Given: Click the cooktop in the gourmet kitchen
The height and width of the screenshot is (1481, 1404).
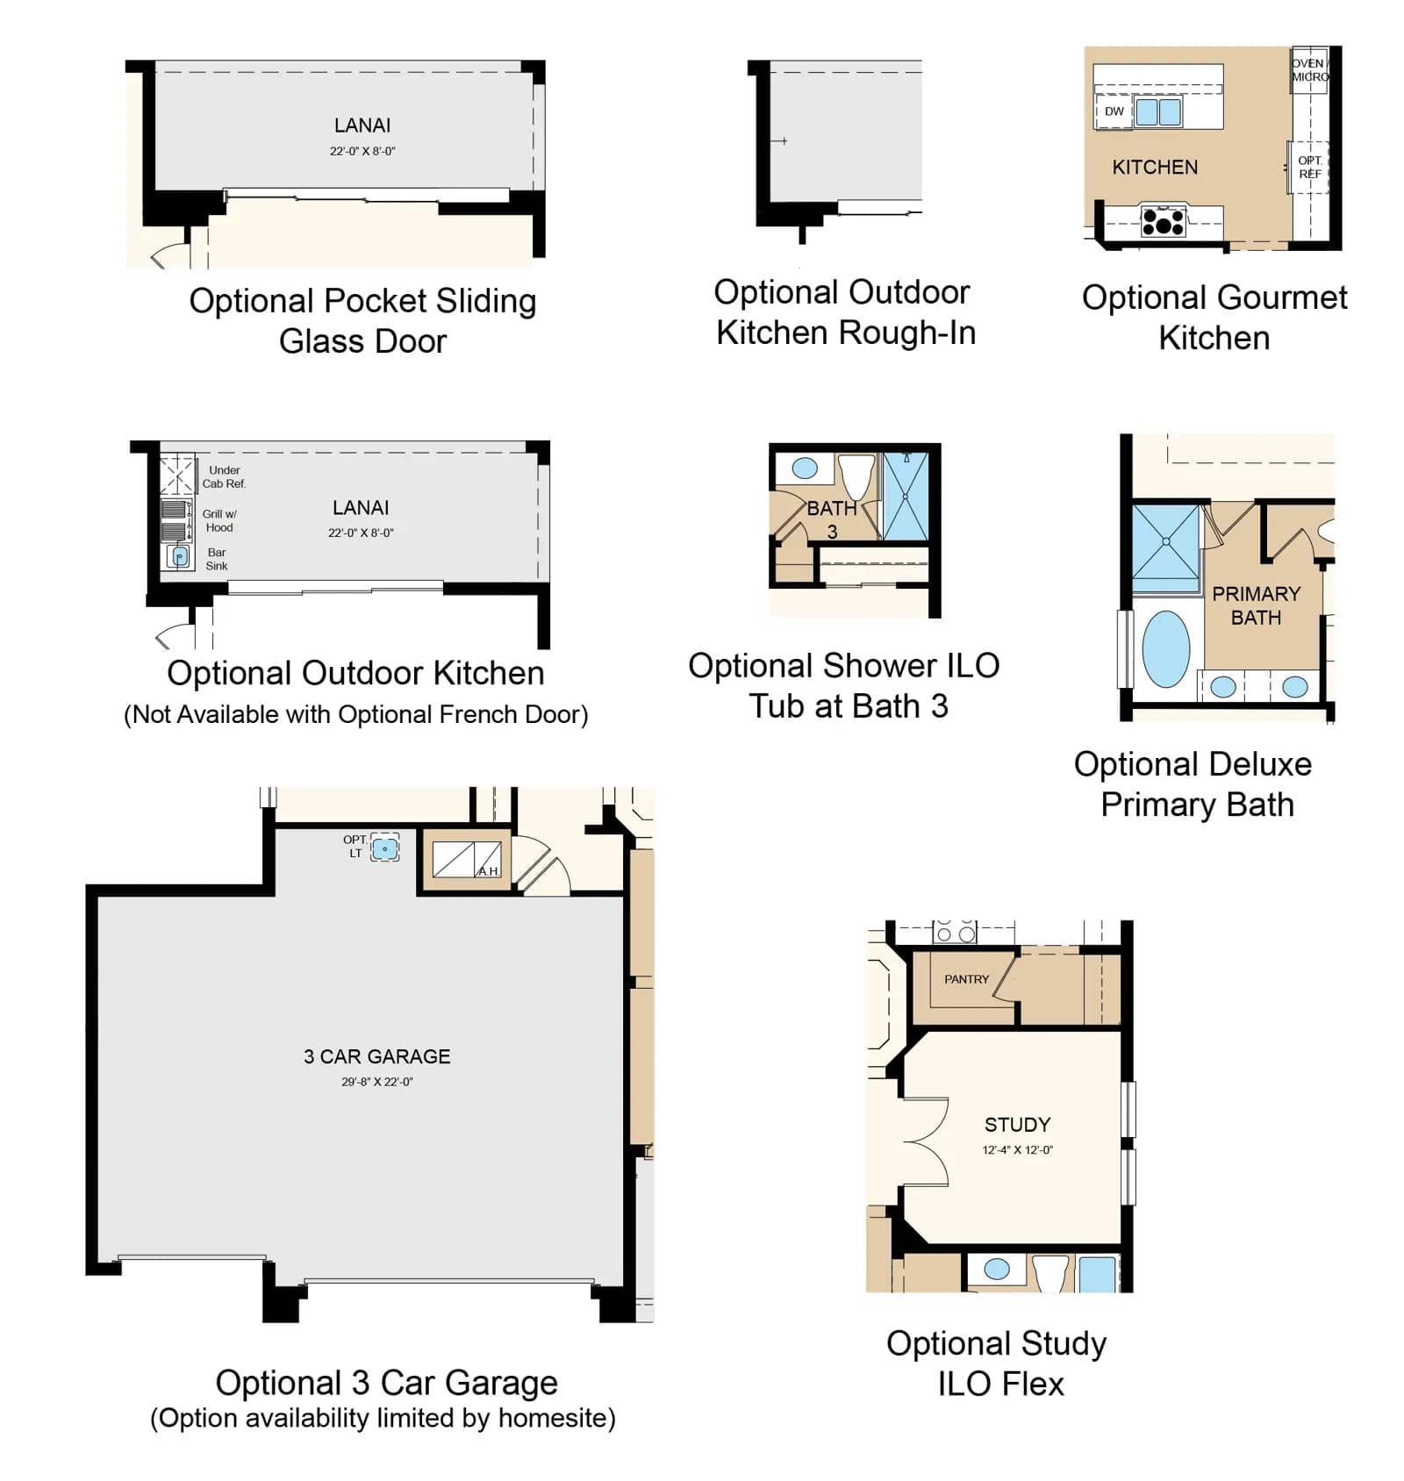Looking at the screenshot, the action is coord(1163,220).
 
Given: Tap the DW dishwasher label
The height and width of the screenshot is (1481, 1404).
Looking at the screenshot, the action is coord(1114,111).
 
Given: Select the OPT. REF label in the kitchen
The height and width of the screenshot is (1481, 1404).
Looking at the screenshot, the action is coord(1309,167).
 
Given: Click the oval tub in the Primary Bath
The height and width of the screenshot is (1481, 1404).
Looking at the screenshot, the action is coord(1165,648).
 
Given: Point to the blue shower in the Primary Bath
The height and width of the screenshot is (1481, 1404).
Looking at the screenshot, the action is coord(1165,541).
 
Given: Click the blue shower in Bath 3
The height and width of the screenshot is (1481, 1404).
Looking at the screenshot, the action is coord(906,496).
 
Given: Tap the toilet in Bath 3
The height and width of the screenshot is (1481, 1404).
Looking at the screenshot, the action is coord(856,476).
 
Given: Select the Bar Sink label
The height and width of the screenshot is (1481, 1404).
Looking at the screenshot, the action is coord(217,559).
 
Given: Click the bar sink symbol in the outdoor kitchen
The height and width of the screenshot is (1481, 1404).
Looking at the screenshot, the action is coord(179,556).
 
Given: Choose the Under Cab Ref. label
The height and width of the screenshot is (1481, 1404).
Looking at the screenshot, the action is coord(225,476).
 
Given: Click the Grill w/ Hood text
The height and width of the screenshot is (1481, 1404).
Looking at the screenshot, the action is coord(219,520).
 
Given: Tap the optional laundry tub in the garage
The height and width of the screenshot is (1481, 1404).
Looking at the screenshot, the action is coord(384,848).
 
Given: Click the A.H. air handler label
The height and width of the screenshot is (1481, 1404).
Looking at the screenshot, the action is coord(488,870).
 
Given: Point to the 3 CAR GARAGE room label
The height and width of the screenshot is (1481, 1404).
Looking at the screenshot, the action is coord(377,1056).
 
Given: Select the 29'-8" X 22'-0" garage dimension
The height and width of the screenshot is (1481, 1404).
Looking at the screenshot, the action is coord(377,1082).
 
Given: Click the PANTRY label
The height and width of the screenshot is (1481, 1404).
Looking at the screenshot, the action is coord(966,979).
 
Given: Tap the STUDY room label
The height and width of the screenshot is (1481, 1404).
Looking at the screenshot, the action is coord(1017,1125).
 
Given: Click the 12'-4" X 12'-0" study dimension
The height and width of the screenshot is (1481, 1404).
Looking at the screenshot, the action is coord(1017,1149).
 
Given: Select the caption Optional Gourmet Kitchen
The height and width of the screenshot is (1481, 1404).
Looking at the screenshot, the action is coord(1214,317).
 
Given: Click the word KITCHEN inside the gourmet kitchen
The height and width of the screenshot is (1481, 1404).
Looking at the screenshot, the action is coord(1155,167).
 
